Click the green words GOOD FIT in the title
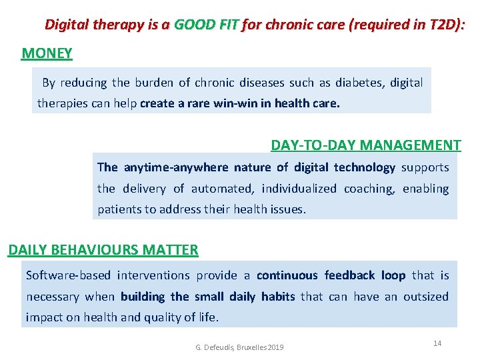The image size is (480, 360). pos(206,25)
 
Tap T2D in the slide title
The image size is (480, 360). pos(446,25)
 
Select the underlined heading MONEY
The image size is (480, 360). pos(47,53)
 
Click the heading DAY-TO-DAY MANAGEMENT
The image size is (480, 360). pos(365,145)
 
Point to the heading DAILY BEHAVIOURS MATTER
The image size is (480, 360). pos(103,250)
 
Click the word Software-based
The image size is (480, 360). pos(69,275)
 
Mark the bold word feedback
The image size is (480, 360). pos(350,275)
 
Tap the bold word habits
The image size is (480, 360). pos(278,297)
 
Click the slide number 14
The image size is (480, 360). pos(437,343)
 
